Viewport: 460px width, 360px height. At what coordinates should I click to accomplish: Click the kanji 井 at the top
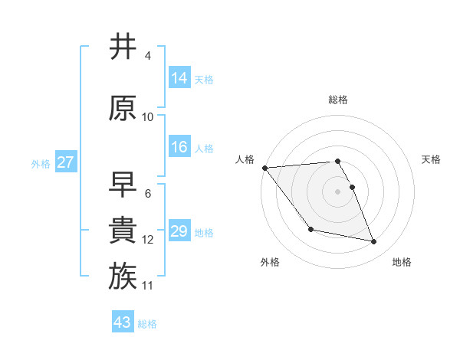coord(123,47)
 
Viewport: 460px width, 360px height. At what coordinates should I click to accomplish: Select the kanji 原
coord(123,108)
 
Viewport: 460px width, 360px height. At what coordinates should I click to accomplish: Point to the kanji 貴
coord(123,231)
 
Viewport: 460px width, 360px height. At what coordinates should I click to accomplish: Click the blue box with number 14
coord(179,78)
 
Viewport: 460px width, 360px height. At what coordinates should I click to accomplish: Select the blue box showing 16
coord(179,147)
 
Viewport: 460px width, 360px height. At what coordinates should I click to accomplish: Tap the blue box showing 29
coord(179,231)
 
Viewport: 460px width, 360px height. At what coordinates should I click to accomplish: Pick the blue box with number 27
coord(65,162)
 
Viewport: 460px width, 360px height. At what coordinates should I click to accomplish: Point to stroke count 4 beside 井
coord(148,56)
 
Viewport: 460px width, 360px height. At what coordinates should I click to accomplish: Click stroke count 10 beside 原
coord(148,117)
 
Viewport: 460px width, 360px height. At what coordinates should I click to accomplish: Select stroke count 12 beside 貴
coord(148,240)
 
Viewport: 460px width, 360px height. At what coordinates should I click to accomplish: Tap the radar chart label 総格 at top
coord(338,100)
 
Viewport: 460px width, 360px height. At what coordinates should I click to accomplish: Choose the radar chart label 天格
coord(432,159)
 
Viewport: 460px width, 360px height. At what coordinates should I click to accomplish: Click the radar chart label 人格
coord(245,159)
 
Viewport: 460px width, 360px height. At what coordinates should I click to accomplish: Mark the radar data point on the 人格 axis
coord(264,168)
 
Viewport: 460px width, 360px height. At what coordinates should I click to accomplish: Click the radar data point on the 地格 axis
coord(374,242)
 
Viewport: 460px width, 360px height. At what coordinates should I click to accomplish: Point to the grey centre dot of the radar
coord(338,191)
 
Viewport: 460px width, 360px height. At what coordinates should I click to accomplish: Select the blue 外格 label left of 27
coord(41,163)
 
